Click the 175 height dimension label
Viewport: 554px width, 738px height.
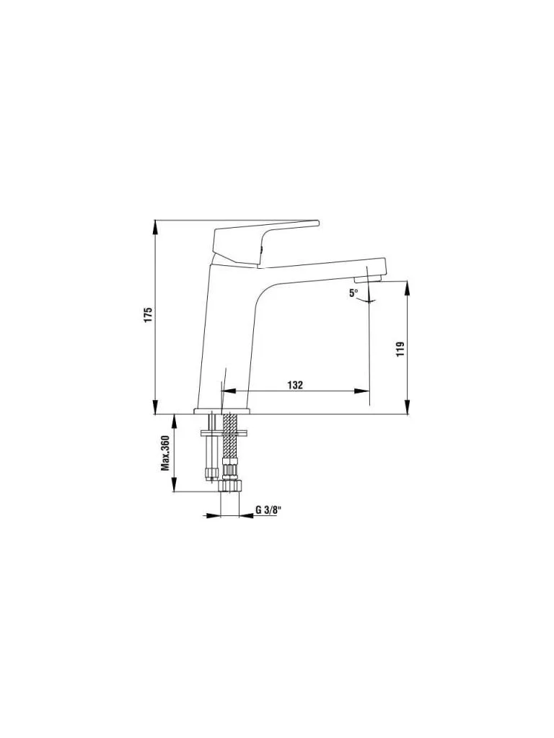pos(149,314)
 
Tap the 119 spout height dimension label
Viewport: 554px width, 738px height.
pos(400,348)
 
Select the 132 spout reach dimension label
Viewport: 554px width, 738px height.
pos(295,385)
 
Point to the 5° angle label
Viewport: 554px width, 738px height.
pos(353,293)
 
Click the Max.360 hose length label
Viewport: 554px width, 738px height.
pos(165,453)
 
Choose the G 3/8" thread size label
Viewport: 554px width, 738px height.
pos(268,510)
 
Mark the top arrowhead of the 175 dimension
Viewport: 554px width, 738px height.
pos(156,227)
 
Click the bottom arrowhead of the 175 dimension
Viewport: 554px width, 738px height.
pos(156,406)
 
